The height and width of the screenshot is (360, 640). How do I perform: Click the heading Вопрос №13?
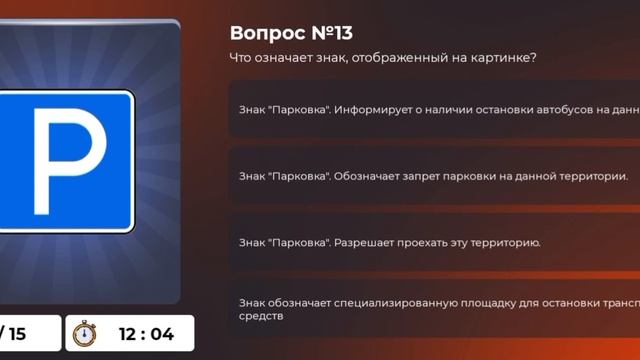point(291,34)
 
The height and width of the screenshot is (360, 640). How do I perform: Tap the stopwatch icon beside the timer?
point(86,333)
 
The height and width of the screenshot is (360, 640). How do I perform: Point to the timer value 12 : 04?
point(146,334)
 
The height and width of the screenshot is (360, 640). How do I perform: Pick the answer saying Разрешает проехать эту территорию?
point(390,242)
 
